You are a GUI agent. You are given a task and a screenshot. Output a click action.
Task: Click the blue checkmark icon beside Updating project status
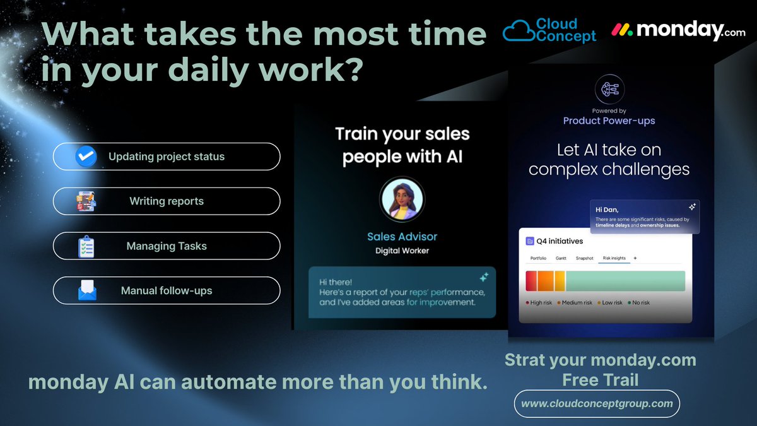tap(86, 157)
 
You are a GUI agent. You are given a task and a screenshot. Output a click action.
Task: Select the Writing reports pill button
tap(166, 201)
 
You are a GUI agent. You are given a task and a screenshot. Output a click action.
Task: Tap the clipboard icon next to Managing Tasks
tap(86, 247)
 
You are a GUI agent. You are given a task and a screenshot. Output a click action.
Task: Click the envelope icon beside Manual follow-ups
tap(87, 291)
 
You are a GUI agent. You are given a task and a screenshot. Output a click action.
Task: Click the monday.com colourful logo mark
tap(622, 30)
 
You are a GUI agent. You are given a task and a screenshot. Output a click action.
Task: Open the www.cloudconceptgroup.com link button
tap(597, 403)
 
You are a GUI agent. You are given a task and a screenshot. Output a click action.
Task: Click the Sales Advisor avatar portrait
tap(402, 199)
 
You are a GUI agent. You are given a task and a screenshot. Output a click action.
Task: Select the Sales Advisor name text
tap(402, 237)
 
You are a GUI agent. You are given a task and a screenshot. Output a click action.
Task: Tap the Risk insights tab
tap(614, 258)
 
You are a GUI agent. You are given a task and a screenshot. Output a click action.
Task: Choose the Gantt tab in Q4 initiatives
tap(561, 258)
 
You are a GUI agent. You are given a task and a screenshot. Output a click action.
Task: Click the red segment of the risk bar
tap(531, 281)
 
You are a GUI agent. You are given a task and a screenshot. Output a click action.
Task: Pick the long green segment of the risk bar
tap(625, 281)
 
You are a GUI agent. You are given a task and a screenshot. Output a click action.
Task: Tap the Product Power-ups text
tap(609, 121)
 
